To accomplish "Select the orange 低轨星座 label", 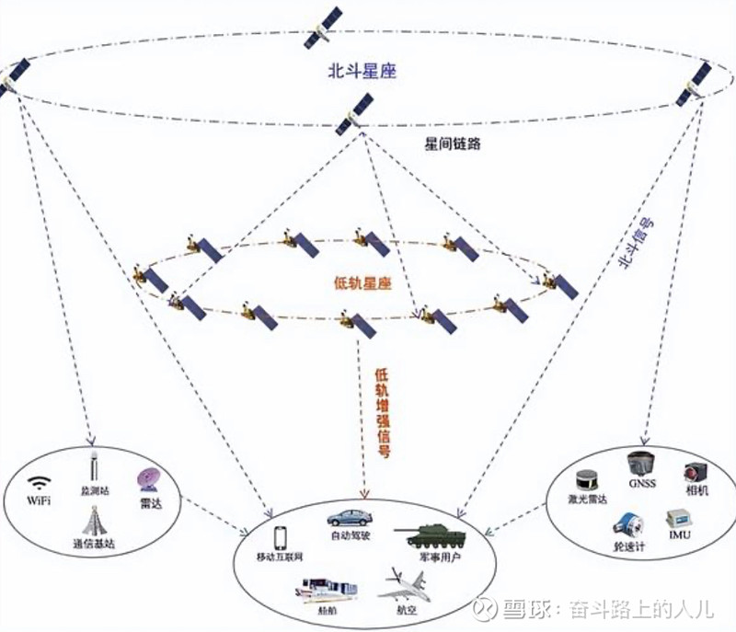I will [362, 283].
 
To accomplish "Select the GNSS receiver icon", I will [640, 464].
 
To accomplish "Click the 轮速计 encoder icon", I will [628, 524].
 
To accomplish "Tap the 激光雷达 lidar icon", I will [586, 481].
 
